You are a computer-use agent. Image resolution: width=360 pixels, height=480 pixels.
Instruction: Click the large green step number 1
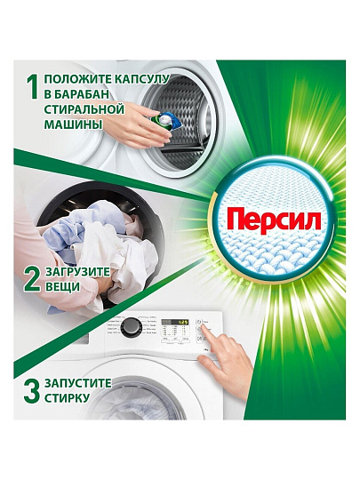32,87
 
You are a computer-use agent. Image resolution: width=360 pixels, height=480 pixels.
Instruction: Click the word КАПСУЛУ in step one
141,79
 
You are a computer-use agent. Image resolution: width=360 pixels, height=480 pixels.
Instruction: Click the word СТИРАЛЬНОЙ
84,109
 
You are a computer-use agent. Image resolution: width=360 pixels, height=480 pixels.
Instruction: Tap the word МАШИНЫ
73,124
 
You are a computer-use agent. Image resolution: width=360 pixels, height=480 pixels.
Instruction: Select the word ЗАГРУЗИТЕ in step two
77,272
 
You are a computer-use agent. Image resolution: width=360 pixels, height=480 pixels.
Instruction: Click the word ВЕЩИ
62,287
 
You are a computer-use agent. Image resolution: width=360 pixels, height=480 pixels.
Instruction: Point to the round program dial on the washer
132,327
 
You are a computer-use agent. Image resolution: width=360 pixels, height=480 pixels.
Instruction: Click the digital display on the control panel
175,323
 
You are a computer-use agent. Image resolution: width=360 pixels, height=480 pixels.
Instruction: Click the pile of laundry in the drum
101,245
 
